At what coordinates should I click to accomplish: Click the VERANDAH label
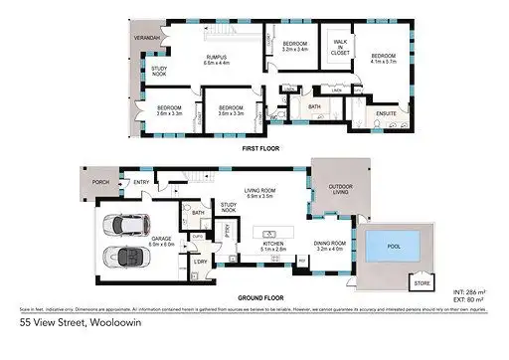tap(147, 38)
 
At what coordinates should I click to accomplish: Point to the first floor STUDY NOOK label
tap(160, 71)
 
